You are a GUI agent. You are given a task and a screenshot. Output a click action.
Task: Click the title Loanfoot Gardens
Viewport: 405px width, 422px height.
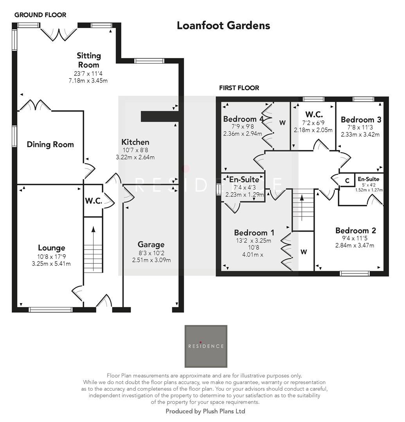click(223, 25)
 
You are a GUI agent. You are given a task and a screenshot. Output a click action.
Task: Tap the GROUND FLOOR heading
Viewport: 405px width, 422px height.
click(40, 15)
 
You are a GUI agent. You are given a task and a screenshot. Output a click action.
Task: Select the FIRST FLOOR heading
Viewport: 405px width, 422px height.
click(239, 88)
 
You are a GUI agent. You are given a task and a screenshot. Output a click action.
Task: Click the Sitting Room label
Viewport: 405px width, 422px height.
click(88, 60)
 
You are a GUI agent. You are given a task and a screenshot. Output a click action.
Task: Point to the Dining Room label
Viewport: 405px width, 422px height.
click(50, 145)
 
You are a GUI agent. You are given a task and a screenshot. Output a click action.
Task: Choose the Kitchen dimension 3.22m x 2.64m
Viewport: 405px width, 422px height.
click(135, 157)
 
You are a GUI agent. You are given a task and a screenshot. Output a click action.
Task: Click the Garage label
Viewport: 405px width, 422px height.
click(151, 245)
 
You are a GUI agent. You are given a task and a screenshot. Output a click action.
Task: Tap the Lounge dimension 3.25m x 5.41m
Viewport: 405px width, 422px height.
click(51, 263)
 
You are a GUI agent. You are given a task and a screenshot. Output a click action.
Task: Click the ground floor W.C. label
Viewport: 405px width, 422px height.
click(93, 201)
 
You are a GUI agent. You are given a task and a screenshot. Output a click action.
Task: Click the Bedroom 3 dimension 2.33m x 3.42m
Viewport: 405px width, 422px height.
click(360, 134)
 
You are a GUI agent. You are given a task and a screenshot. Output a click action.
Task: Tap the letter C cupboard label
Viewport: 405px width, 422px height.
click(347, 181)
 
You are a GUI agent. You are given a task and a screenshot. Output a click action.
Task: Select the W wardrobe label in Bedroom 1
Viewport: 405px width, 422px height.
click(304, 252)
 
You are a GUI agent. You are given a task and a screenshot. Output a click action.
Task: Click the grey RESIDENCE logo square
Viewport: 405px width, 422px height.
click(206, 346)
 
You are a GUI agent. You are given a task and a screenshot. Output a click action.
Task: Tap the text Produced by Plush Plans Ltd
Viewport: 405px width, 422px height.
click(205, 411)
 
